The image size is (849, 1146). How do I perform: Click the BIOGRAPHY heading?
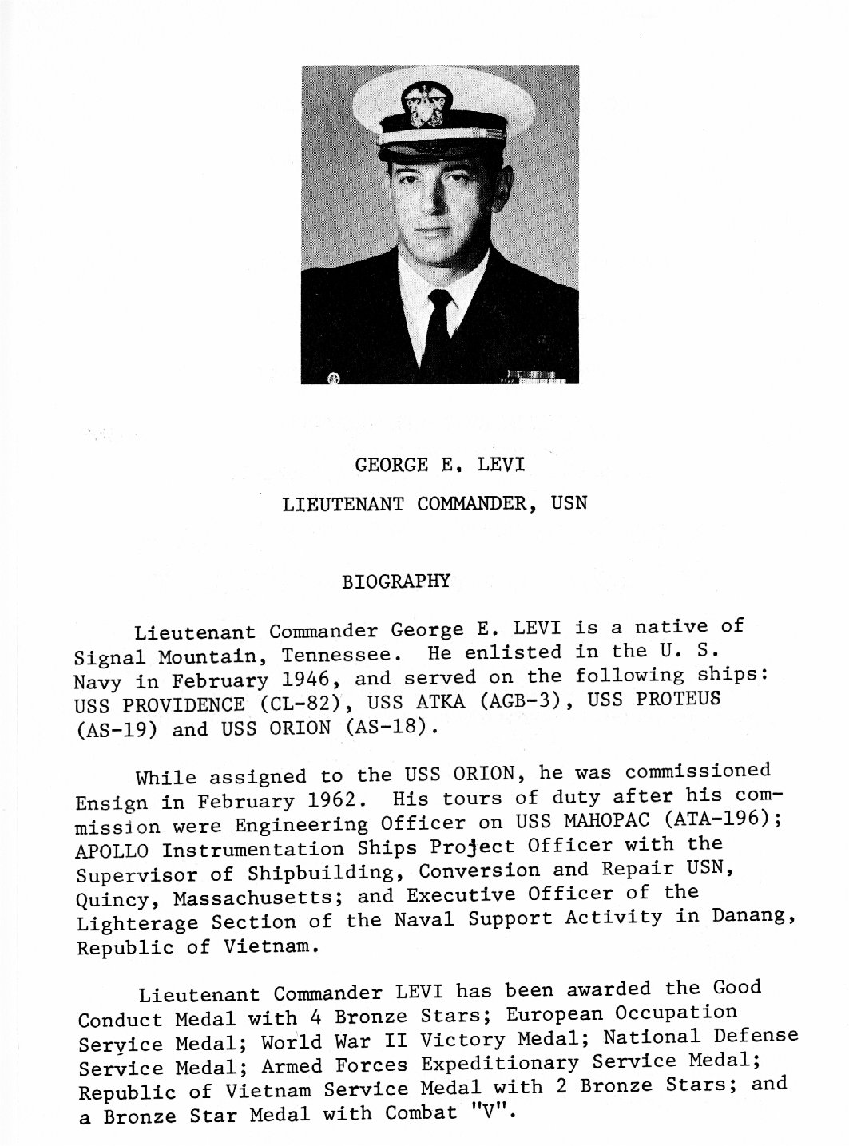point(395,581)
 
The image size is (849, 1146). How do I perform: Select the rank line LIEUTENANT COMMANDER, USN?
point(434,504)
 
